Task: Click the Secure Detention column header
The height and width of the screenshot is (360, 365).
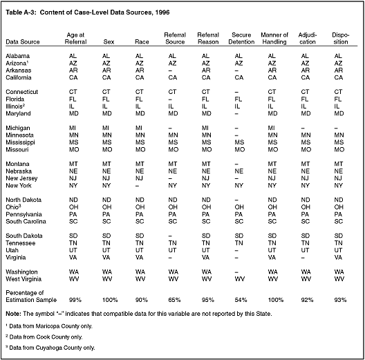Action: [241, 39]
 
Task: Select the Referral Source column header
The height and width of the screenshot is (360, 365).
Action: [175, 39]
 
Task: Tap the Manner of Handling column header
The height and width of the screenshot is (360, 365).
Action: [274, 39]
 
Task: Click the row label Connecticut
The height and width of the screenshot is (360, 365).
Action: [21, 92]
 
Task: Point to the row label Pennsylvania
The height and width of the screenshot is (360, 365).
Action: [24, 214]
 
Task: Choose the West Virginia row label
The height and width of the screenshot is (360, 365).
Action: [24, 279]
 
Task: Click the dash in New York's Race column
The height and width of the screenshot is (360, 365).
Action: [138, 186]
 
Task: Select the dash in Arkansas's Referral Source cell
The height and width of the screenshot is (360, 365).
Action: [170, 70]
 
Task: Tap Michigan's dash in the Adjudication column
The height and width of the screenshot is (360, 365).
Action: [303, 129]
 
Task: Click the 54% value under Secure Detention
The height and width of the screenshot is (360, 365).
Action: [241, 300]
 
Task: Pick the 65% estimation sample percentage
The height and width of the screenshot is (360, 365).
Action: [174, 300]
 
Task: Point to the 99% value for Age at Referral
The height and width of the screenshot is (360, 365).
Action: [75, 300]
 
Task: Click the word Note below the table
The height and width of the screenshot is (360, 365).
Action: [13, 314]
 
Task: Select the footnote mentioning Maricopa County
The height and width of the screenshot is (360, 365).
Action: [49, 326]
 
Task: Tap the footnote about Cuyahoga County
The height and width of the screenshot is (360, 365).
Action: [50, 348]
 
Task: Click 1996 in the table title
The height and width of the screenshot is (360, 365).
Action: [162, 12]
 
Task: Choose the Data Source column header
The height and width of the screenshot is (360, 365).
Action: [23, 42]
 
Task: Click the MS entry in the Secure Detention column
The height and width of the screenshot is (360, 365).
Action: [239, 142]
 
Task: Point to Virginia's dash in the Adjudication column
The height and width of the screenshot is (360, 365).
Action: [303, 258]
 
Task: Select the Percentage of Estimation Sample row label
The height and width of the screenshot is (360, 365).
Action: [31, 296]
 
